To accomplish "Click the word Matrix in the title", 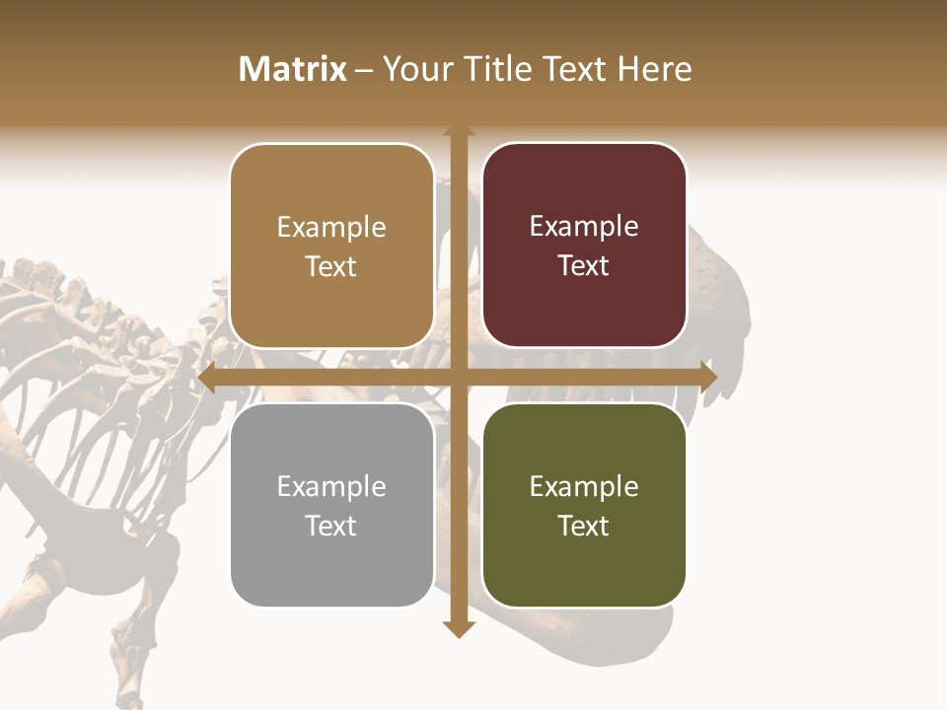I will (293, 69).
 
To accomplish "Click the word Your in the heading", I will (414, 69).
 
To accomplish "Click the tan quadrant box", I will (331, 247).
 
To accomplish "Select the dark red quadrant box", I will (584, 246).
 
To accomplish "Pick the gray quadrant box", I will (331, 505).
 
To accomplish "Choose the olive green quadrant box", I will (584, 505).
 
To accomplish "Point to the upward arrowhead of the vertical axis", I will (459, 130).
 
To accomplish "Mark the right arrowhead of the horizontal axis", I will (707, 378).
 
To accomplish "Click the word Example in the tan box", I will (331, 228).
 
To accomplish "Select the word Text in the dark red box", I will (584, 266).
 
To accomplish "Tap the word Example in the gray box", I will (331, 486).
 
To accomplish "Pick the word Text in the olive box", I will (584, 526).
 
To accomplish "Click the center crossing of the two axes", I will (459, 378).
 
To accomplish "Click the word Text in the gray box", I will (331, 526).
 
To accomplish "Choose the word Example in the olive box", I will (584, 486).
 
